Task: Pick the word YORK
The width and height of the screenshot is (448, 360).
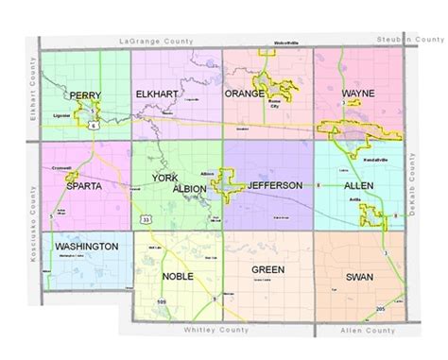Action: (x=165, y=176)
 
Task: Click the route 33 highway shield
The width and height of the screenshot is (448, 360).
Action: (x=144, y=218)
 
